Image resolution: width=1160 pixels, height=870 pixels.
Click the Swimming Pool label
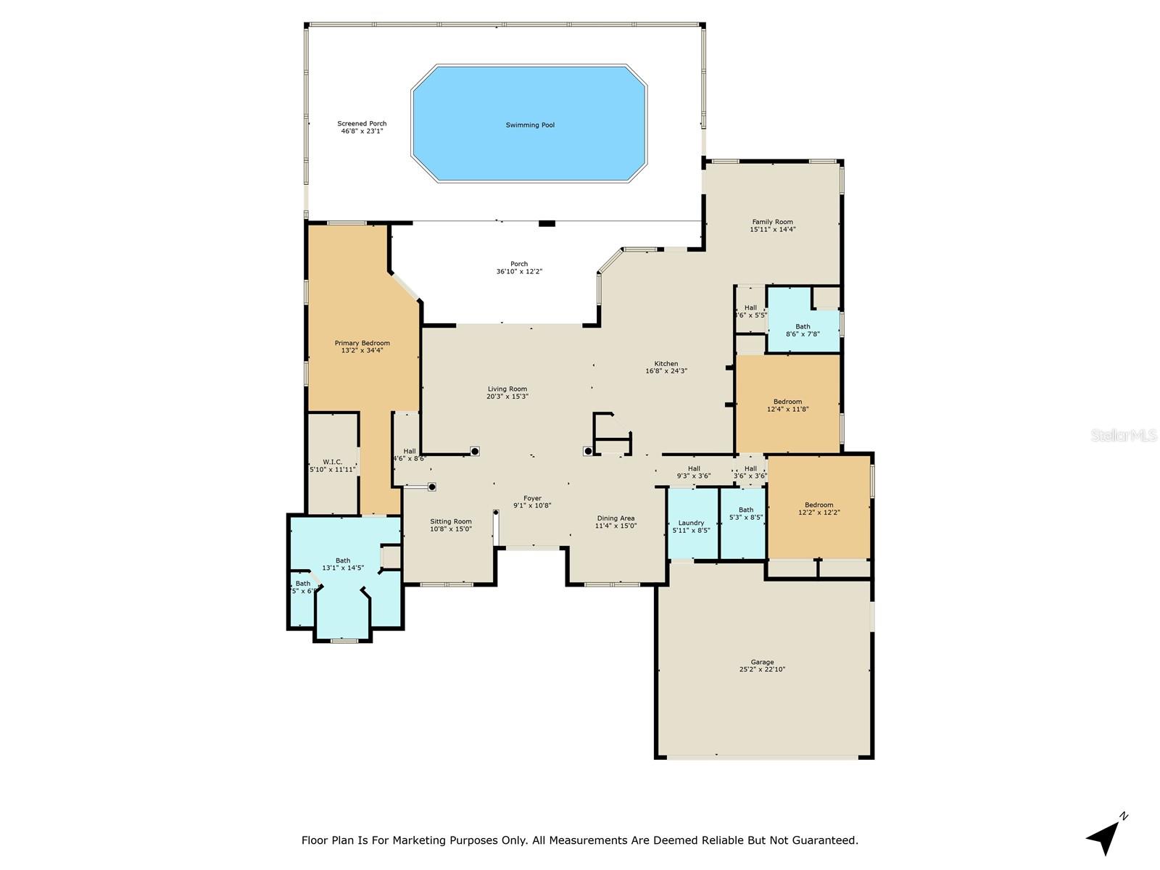click(530, 125)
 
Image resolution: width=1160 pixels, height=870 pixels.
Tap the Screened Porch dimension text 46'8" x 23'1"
click(362, 131)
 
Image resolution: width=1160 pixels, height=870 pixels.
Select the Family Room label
click(772, 222)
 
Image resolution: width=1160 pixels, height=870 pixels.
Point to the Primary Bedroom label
click(362, 343)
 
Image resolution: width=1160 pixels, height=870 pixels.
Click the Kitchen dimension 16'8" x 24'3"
click(666, 371)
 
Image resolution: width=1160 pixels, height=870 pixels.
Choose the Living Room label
click(507, 389)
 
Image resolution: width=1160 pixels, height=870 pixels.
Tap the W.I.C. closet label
click(332, 462)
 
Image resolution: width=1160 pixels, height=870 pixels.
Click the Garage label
click(762, 662)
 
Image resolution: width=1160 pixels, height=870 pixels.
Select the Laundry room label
click(691, 523)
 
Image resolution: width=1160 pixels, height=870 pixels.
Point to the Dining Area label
click(616, 518)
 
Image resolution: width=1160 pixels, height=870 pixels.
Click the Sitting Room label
click(451, 521)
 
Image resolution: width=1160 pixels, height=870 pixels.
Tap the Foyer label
click(532, 498)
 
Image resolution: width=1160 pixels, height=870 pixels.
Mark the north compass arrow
click(1105, 837)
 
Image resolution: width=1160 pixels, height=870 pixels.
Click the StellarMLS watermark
click(1124, 435)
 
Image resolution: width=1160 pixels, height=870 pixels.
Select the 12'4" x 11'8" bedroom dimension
click(787, 409)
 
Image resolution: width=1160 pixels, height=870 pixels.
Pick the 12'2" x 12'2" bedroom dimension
click(819, 513)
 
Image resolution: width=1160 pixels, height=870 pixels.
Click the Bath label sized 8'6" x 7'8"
click(803, 326)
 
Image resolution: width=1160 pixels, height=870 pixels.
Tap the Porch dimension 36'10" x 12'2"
click(519, 272)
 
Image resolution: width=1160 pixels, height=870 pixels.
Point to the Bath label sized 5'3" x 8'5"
click(745, 510)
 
